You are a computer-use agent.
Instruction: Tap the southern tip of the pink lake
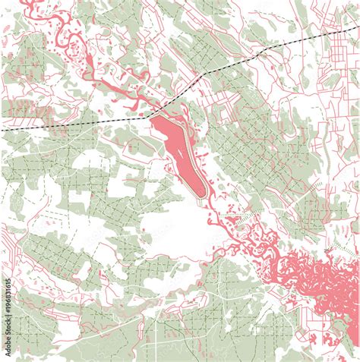tap(204, 197)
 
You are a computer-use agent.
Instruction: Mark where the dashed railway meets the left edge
tap(2, 130)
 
